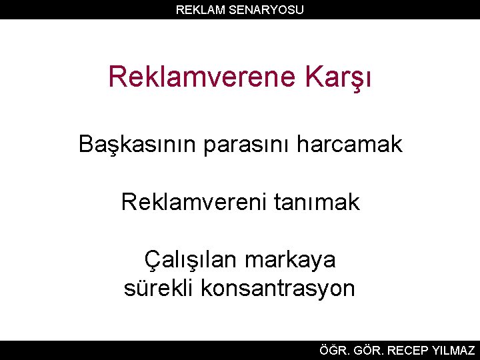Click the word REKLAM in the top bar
pos(197,9)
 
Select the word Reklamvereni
pos(193,201)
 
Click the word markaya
pos(291,260)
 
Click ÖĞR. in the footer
pos(333,350)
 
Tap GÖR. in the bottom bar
pos(367,350)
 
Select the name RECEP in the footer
pos(408,350)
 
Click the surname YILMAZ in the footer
pos(454,350)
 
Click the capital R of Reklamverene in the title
pos(117,77)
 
